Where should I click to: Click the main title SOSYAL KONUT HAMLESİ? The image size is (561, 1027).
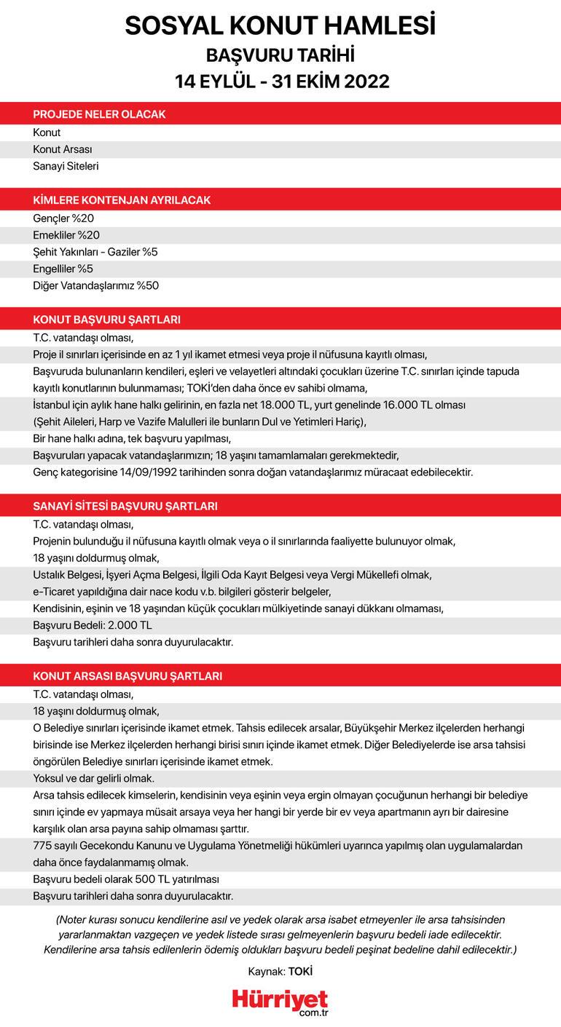280,26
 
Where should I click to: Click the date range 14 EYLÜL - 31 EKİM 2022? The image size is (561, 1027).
280,81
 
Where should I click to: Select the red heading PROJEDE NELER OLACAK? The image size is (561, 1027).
99,114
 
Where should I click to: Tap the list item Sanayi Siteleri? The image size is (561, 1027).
66,166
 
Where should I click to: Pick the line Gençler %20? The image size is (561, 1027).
63,218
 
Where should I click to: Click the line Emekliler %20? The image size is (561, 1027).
66,234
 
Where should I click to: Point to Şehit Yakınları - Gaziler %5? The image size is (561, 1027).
95,252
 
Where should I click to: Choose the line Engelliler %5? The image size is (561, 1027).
63,269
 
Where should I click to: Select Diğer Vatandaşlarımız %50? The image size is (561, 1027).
95,285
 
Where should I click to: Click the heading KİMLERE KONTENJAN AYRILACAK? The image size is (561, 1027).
122,200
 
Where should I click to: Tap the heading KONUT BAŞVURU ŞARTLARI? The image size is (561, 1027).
106,320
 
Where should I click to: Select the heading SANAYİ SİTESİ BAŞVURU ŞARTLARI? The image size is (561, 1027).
125,506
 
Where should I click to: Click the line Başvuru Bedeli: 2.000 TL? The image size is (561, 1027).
93,624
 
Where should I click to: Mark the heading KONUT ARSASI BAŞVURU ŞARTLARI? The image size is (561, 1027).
127,676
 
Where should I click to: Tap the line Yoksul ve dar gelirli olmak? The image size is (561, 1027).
93,778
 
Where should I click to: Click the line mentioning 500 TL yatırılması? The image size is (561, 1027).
126,879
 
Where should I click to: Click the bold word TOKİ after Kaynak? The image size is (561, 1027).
300,971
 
